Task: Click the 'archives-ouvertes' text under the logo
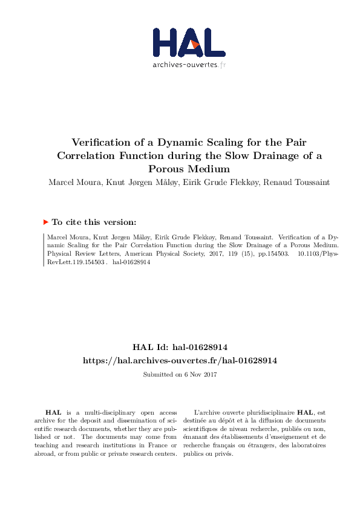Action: (184, 64)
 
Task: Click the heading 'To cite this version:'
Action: (94, 222)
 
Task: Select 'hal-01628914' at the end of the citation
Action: (131, 263)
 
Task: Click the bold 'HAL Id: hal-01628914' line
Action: (180, 347)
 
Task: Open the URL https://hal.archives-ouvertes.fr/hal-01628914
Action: (180, 360)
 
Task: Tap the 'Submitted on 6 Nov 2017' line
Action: (180, 375)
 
